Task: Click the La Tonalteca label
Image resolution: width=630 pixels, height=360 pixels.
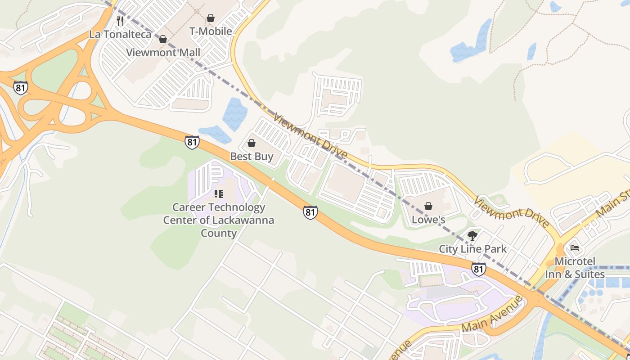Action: [120, 34]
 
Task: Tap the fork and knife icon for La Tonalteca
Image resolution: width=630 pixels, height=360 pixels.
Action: [120, 21]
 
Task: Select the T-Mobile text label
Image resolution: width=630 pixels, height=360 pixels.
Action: [211, 31]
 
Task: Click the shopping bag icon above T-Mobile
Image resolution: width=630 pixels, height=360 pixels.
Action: [211, 18]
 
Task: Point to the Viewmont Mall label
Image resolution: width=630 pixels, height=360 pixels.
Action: [163, 52]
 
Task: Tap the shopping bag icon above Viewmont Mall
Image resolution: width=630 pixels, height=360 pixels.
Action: [163, 39]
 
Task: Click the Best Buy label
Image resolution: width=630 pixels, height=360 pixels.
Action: [252, 157]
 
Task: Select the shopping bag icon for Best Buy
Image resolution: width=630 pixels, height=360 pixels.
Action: [252, 144]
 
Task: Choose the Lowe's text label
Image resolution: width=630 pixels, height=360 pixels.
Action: [428, 220]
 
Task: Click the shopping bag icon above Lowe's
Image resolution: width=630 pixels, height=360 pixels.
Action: [428, 206]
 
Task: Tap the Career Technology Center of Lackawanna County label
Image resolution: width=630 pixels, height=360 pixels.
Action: [219, 220]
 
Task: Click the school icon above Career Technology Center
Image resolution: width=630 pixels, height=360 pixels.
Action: [219, 194]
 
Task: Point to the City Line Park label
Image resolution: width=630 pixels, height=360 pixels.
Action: [472, 249]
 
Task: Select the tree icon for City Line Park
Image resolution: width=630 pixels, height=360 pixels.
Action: [472, 235]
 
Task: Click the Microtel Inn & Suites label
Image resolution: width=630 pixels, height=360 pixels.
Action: [575, 268]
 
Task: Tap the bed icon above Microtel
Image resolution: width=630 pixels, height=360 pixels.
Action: [575, 248]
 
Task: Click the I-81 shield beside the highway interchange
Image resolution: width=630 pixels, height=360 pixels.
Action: [20, 88]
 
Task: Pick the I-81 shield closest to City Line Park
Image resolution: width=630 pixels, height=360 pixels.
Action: [479, 269]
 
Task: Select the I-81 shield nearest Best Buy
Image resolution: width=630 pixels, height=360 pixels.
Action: [192, 142]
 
